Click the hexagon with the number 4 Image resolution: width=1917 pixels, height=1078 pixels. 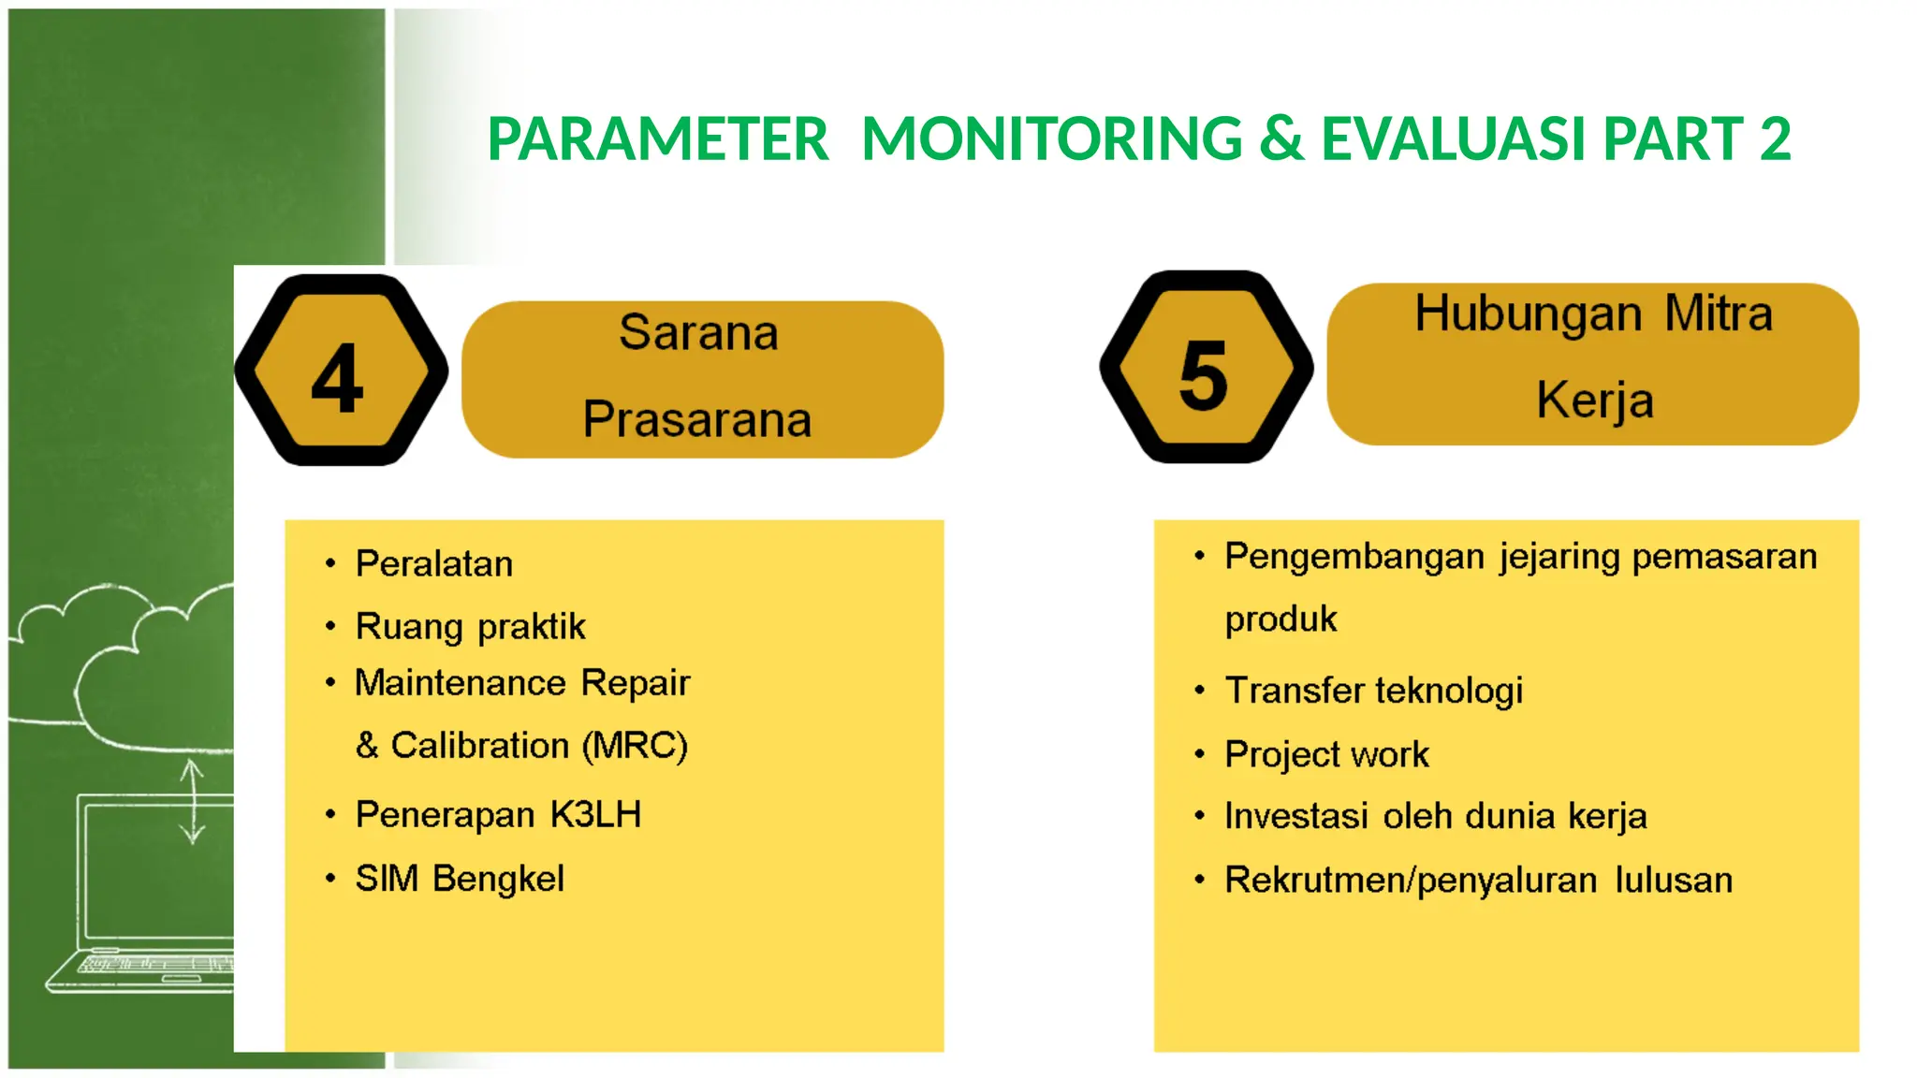pos(341,371)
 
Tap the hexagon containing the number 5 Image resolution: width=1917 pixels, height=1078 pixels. pos(1206,368)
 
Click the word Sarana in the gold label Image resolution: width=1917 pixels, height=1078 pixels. pos(698,333)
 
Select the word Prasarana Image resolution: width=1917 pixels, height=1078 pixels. pos(697,419)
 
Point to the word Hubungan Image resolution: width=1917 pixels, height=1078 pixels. pos(1528,314)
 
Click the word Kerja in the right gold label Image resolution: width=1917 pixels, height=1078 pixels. pos(1595,401)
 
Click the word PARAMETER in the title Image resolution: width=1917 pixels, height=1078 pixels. pos(658,139)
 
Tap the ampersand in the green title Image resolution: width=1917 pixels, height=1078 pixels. pos(1280,139)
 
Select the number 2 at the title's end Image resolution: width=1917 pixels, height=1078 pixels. pos(1775,139)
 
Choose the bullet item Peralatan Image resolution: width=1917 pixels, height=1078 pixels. pos(434,564)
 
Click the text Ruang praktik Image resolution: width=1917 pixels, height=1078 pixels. pos(470,627)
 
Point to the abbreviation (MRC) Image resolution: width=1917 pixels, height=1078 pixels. pos(635,746)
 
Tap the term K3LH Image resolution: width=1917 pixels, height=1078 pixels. pos(595,815)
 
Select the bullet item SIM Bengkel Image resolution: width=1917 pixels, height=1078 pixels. pos(460,879)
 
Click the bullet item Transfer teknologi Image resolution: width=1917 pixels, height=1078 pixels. pos(1373,691)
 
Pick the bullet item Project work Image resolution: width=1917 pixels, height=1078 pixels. pos(1326,754)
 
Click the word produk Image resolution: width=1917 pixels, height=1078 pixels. pos(1280,619)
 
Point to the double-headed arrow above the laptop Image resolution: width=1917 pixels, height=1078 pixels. pos(192,801)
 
